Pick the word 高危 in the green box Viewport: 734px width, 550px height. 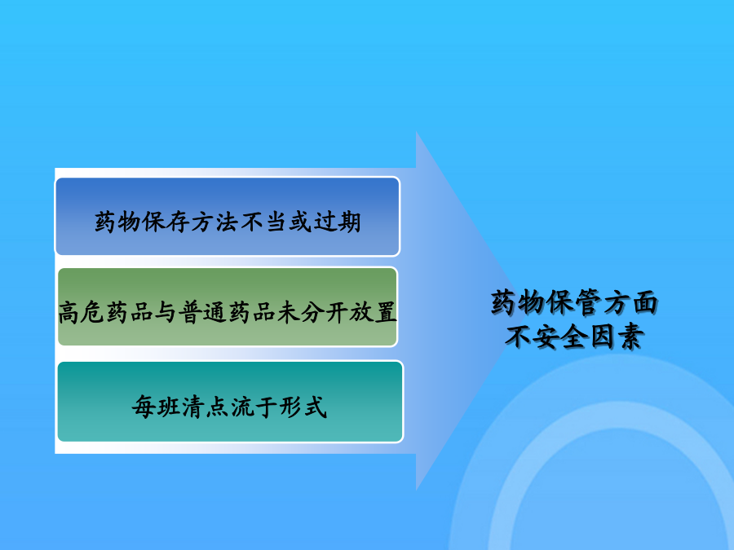(x=82, y=312)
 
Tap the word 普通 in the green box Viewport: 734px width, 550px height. (x=203, y=312)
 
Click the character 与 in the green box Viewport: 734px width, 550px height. (x=166, y=312)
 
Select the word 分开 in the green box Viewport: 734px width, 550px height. (x=325, y=312)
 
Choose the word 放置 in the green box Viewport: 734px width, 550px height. (x=373, y=312)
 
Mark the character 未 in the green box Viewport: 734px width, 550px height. (x=288, y=312)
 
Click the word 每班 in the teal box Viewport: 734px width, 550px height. (x=156, y=407)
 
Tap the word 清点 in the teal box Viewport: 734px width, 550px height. (x=205, y=407)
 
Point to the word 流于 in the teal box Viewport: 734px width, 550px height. (x=254, y=407)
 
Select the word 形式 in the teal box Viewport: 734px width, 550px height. (x=303, y=407)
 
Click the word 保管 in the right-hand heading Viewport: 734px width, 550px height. (x=573, y=302)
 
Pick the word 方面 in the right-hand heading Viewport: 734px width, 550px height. (x=630, y=302)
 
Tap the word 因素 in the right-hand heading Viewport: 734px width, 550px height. (x=617, y=337)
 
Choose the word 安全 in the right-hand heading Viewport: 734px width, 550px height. (x=560, y=337)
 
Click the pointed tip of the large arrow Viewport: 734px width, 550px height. (x=515, y=310)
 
